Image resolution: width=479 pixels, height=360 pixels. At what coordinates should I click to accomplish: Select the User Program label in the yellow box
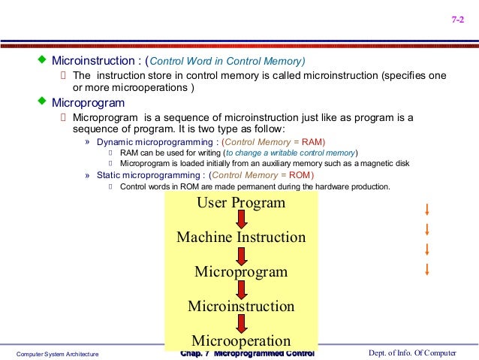coord(241,203)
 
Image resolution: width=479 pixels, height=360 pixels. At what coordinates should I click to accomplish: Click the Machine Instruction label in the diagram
coord(241,237)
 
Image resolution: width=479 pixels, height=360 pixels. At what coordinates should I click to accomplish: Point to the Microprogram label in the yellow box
coord(241,271)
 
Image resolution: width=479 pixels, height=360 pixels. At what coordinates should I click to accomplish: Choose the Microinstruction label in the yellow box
coord(241,306)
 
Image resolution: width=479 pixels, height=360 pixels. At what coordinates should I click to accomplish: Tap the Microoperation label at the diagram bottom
coord(241,340)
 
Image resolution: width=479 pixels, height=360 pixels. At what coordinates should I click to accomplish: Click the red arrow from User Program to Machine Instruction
coord(241,219)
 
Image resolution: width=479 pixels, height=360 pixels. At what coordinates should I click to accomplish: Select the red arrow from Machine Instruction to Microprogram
coord(241,255)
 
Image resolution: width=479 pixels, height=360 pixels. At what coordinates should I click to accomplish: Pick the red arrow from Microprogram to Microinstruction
coord(241,289)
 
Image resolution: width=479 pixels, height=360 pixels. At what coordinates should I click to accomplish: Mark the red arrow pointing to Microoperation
coord(241,323)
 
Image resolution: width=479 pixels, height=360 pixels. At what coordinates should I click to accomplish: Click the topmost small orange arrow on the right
coord(426,209)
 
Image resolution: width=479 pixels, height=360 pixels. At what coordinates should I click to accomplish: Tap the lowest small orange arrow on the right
coord(426,268)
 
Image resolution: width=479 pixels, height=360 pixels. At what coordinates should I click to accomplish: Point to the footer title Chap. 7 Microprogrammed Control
coord(247,353)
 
